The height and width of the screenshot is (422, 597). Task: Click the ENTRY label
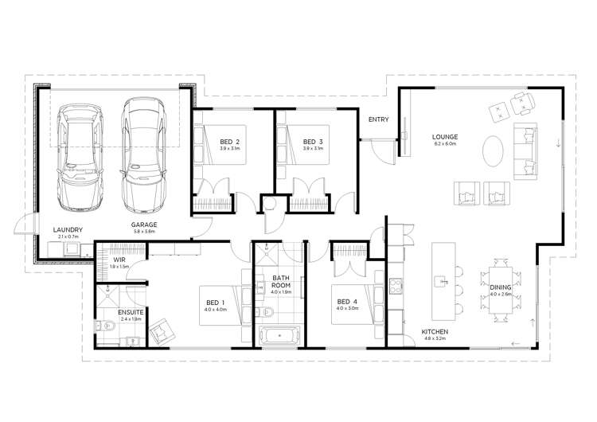378,120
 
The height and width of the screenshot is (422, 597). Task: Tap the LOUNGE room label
444,135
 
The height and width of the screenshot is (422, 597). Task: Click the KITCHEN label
435,330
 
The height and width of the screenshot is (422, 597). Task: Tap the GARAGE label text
144,225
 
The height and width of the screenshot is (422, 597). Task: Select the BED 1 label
215,301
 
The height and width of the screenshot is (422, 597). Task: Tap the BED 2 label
230,141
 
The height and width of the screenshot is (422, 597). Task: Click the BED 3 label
314,141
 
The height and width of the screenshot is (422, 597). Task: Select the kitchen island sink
439,279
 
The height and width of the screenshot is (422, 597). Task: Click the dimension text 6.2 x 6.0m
444,143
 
